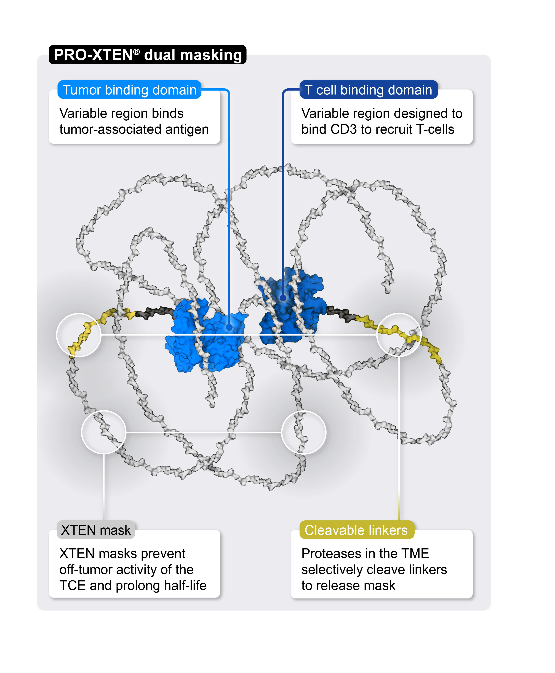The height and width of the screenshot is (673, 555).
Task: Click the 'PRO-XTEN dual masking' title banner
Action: tap(147, 55)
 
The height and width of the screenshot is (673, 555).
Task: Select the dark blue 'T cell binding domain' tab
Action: tap(368, 90)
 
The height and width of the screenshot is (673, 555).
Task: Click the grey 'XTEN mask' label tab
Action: tap(96, 530)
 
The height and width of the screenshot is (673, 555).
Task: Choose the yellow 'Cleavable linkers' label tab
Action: tap(356, 530)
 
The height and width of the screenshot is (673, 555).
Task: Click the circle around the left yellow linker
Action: tap(79, 335)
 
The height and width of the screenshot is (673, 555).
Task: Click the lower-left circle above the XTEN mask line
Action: tap(104, 432)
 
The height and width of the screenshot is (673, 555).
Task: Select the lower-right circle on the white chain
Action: tap(304, 432)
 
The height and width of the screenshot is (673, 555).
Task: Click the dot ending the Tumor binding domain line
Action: tap(229, 327)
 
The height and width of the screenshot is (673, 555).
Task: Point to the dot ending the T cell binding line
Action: tap(283, 298)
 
